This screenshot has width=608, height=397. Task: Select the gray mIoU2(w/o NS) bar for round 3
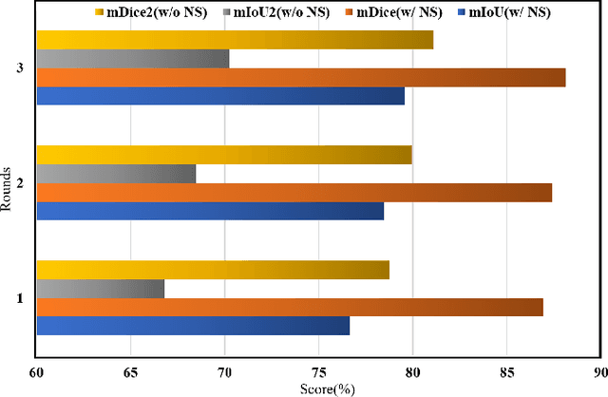[x=132, y=59]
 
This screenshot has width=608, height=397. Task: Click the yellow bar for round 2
[x=224, y=155]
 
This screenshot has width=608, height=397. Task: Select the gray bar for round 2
[x=116, y=174]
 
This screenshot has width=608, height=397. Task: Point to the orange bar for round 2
[x=294, y=193]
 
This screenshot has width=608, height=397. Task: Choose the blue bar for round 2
[x=210, y=211]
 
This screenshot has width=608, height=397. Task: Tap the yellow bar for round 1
[x=213, y=270]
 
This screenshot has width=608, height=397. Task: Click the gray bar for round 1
[x=100, y=289]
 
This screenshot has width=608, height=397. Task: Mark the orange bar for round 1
[x=290, y=308]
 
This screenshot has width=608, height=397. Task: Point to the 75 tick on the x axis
[x=318, y=374]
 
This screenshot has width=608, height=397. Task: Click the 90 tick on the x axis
[x=598, y=374]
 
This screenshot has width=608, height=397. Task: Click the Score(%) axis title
[x=318, y=389]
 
